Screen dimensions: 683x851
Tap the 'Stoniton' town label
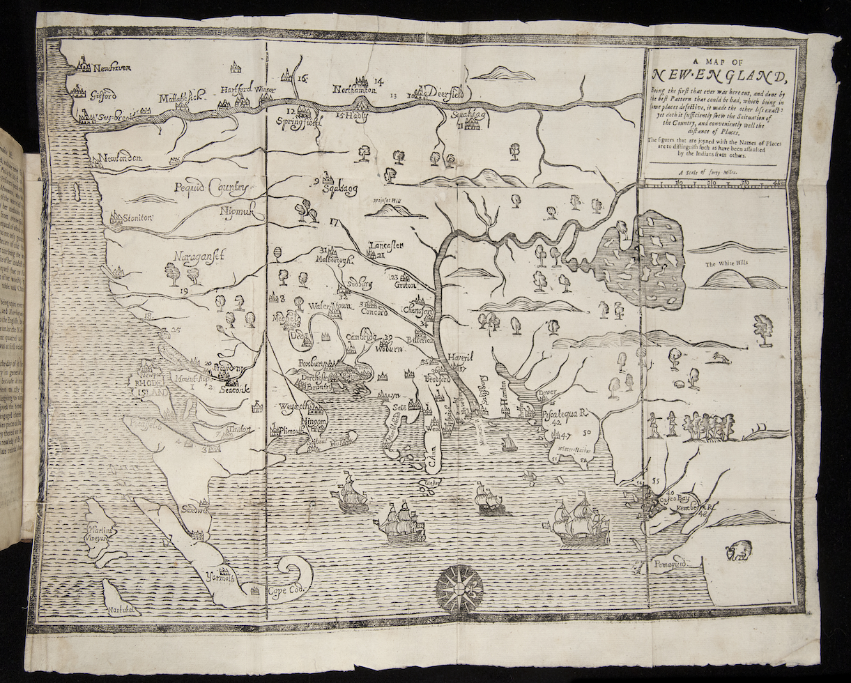(x=137, y=217)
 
